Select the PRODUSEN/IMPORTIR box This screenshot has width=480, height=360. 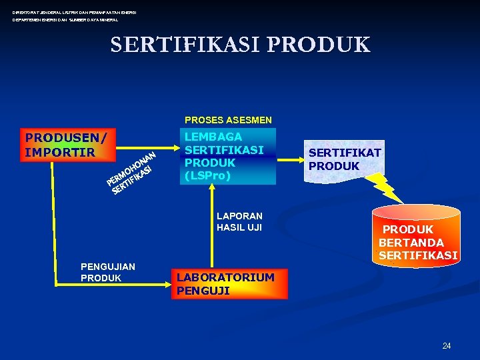[x=67, y=145]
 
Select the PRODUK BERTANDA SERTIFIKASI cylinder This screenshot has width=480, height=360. [x=416, y=237]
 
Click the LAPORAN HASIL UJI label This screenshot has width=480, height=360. [x=239, y=221]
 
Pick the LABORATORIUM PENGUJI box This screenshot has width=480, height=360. [x=229, y=283]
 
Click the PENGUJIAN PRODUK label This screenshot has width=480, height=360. [x=107, y=272]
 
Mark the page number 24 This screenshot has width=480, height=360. [x=447, y=345]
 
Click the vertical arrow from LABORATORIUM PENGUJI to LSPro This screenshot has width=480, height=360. [x=212, y=227]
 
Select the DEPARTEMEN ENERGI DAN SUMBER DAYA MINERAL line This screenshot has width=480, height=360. [x=65, y=20]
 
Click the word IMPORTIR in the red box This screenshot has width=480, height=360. [x=60, y=152]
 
